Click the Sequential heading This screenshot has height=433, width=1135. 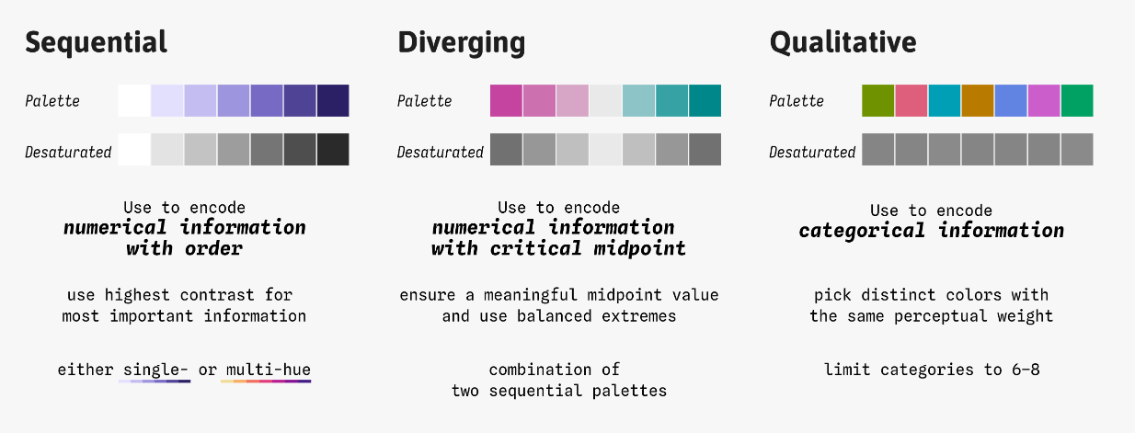[97, 43]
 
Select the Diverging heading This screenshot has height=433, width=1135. [462, 43]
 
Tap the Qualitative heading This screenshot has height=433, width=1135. [843, 43]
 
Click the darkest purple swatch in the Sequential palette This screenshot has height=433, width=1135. [333, 100]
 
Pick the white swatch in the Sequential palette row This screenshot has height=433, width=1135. [133, 100]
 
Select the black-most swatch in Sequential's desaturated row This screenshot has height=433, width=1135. [333, 150]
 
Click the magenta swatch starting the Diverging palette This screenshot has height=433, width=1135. [506, 100]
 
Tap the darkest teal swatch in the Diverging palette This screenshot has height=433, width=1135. [705, 100]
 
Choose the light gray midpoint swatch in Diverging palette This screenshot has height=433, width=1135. [605, 100]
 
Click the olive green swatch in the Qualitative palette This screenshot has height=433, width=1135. [877, 100]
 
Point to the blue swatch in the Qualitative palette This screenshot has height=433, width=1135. [1010, 100]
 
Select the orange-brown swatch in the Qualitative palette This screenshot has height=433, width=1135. [978, 100]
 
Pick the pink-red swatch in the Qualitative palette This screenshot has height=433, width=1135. [911, 100]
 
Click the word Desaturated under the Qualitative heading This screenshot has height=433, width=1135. [812, 152]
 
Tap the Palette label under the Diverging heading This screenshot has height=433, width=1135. [424, 101]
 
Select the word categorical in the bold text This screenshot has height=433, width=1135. [862, 231]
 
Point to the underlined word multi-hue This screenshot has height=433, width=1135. [268, 370]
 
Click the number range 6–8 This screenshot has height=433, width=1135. [1026, 370]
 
